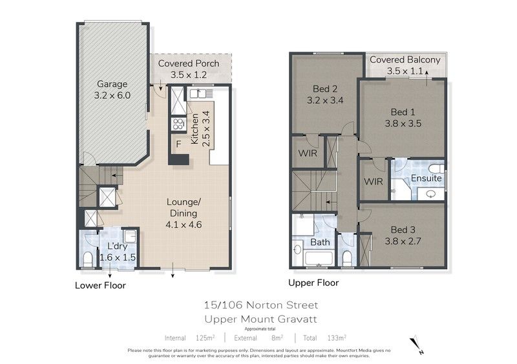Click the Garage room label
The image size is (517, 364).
click(x=112, y=84)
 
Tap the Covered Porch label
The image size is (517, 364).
click(x=189, y=63)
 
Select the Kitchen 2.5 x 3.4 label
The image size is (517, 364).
click(x=200, y=129)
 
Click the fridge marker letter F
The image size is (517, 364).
click(x=179, y=144)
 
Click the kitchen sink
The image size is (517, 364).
click(x=198, y=94)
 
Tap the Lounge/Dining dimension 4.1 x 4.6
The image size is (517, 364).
click(x=184, y=225)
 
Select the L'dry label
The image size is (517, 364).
click(x=118, y=246)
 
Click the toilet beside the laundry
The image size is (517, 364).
click(x=88, y=259)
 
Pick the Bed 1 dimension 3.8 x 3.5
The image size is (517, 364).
click(x=403, y=123)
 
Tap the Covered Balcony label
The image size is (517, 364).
click(x=405, y=59)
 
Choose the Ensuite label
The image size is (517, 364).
click(x=426, y=178)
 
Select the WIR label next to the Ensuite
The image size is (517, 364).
click(x=374, y=181)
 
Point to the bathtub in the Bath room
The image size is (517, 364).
click(x=318, y=258)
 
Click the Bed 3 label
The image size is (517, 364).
click(x=403, y=230)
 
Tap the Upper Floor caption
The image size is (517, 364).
click(x=313, y=283)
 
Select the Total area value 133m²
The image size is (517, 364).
click(x=337, y=338)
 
